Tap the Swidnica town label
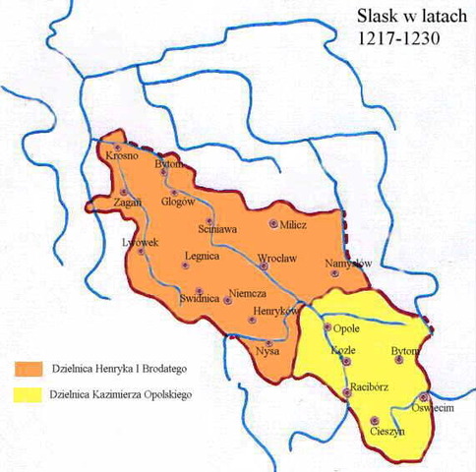tap(177, 298)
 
